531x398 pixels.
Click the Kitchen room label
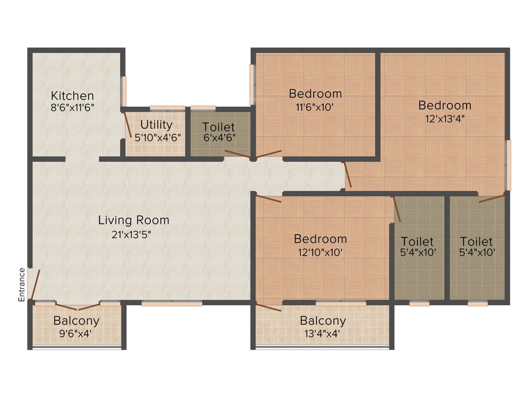pyautogui.click(x=72, y=96)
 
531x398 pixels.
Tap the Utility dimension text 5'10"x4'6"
pyautogui.click(x=157, y=138)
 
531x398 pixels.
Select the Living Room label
pyautogui.click(x=134, y=220)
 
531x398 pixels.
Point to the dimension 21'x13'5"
pyautogui.click(x=134, y=234)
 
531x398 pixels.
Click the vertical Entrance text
pyautogui.click(x=22, y=285)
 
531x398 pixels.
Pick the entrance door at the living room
pyautogui.click(x=35, y=283)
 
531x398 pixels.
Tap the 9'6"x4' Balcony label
pyautogui.click(x=76, y=321)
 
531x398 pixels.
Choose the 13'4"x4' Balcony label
pyautogui.click(x=323, y=321)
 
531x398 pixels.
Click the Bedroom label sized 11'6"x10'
pyautogui.click(x=315, y=94)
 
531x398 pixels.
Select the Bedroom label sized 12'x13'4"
pyautogui.click(x=445, y=106)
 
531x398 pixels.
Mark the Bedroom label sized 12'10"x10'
pyautogui.click(x=320, y=239)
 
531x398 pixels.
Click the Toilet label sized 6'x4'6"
pyautogui.click(x=218, y=127)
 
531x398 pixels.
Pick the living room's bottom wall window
pyautogui.click(x=172, y=303)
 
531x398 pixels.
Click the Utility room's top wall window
pyautogui.click(x=167, y=108)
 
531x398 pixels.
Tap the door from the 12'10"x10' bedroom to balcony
pyautogui.click(x=269, y=307)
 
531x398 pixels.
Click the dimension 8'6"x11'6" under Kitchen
pyautogui.click(x=72, y=108)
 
